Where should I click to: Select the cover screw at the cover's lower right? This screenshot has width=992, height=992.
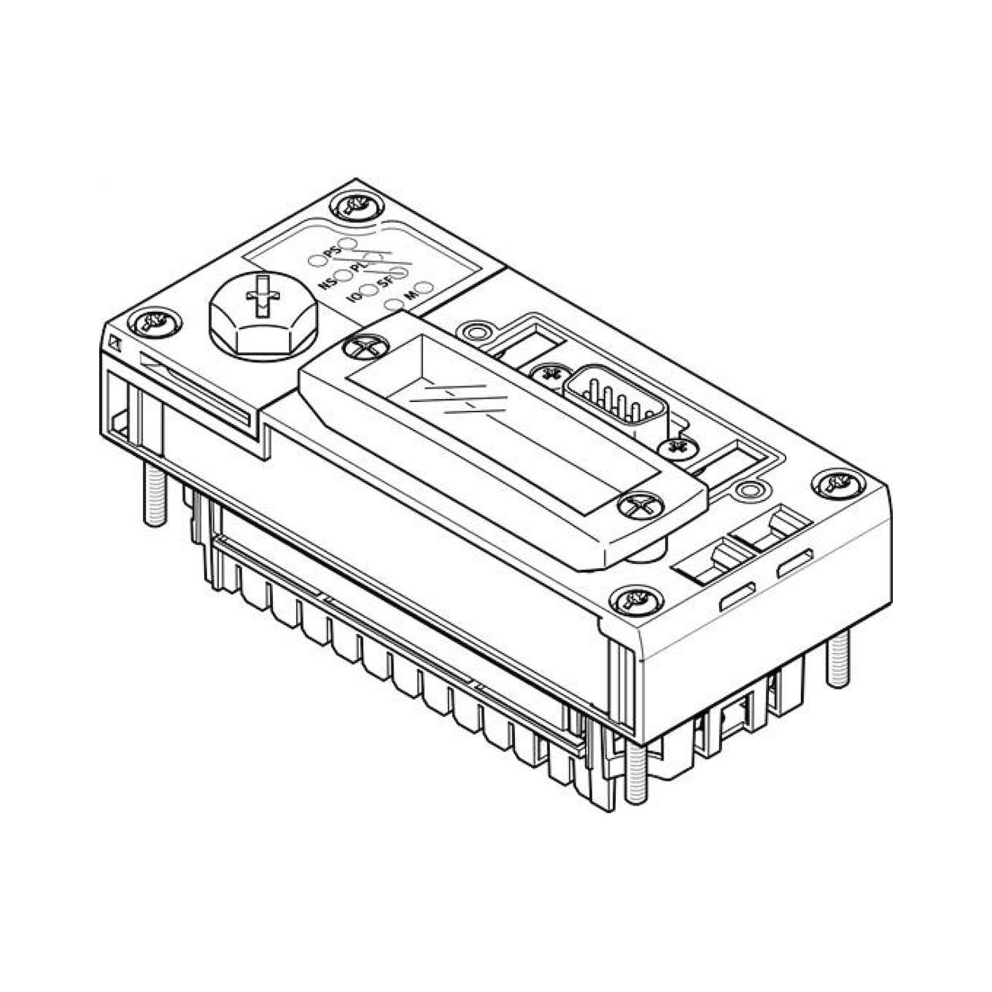tap(644, 506)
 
